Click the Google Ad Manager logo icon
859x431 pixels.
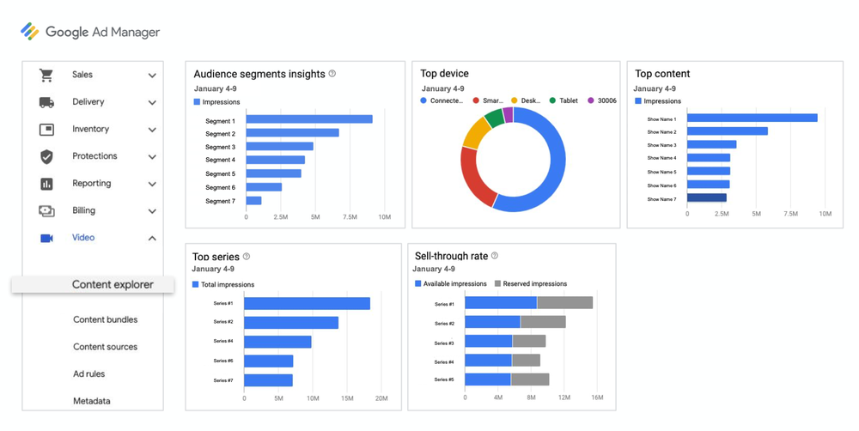30,32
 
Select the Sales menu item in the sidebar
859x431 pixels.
82,75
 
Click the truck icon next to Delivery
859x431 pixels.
46,102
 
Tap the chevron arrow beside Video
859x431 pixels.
152,239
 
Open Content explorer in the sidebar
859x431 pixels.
112,285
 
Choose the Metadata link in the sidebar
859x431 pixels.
92,401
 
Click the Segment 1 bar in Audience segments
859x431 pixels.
309,119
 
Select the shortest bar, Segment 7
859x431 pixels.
253,201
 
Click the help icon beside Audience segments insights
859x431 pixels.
332,74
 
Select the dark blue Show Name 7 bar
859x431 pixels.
706,197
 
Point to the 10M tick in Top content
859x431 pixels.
825,213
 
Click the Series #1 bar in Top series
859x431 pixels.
307,303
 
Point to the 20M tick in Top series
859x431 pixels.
381,398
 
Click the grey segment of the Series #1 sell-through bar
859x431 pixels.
564,303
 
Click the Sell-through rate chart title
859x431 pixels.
451,256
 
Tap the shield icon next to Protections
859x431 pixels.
46,156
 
